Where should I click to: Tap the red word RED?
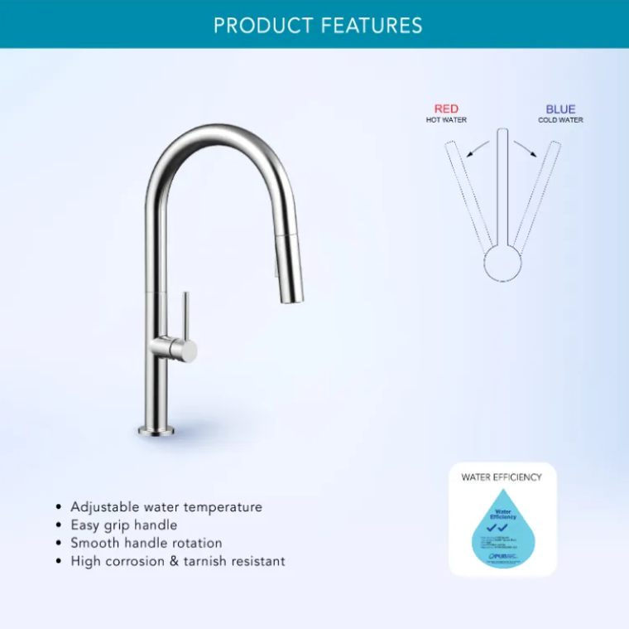446,109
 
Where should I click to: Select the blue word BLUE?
560,109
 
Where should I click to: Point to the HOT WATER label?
446,120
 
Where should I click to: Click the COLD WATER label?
560,120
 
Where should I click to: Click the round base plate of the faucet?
156,429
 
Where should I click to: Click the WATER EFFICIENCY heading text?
502,477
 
